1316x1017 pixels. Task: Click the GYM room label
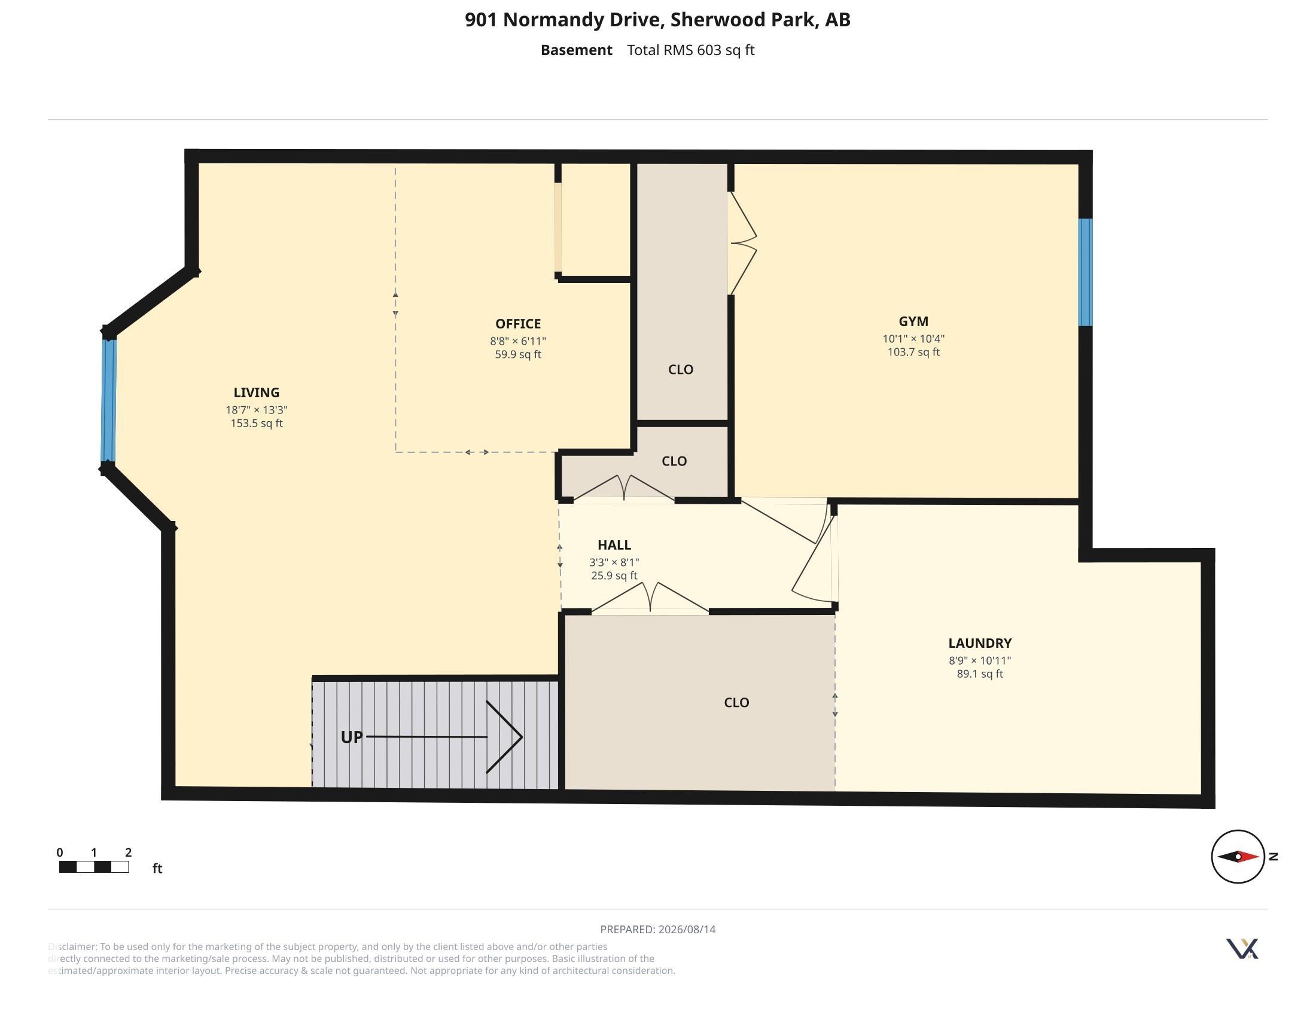[913, 321]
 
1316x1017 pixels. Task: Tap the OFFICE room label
[518, 324]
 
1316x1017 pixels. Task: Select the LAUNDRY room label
[980, 643]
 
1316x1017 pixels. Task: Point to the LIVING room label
[257, 392]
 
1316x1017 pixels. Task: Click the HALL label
[614, 544]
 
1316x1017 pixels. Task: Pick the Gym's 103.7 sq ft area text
[913, 352]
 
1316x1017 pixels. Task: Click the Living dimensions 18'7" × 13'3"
[257, 410]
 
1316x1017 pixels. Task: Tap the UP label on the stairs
[352, 737]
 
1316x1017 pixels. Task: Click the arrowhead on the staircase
[504, 737]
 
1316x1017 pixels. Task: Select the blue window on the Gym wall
[1085, 272]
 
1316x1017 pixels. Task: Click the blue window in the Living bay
[108, 401]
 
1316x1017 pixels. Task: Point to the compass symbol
[1238, 856]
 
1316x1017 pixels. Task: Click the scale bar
[94, 867]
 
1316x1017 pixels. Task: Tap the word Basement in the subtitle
[576, 50]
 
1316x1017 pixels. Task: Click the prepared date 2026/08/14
[687, 929]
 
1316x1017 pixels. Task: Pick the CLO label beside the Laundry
[736, 702]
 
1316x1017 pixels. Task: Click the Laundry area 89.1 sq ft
[980, 674]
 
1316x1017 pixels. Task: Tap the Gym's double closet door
[742, 243]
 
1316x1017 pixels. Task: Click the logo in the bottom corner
[1242, 948]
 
